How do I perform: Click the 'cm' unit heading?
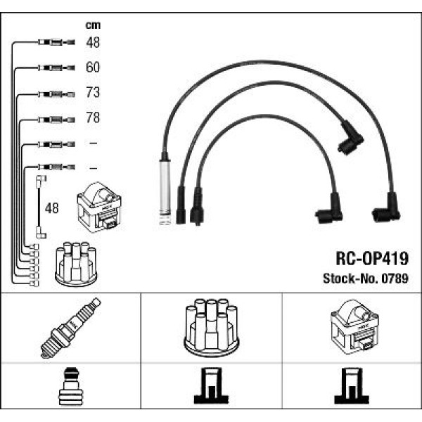[x=91, y=25]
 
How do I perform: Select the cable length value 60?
[x=93, y=68]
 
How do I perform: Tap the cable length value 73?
[x=93, y=93]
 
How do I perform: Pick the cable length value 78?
[x=93, y=118]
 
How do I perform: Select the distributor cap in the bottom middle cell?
[x=211, y=328]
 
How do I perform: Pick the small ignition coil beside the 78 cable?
[x=98, y=207]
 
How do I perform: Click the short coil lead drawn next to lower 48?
[x=39, y=208]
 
